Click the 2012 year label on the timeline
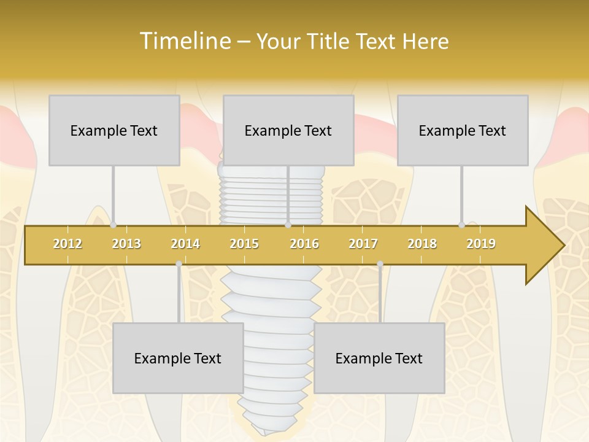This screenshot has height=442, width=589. click(x=67, y=244)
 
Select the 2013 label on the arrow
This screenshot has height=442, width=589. click(x=126, y=244)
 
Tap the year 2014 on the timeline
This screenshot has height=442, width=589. click(x=185, y=244)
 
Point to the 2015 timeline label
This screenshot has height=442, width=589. click(x=244, y=244)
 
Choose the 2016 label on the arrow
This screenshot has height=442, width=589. click(x=304, y=244)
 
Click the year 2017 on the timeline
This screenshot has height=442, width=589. click(x=363, y=244)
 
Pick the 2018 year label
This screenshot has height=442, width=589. click(x=422, y=244)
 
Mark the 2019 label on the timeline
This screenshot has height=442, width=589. click(x=481, y=244)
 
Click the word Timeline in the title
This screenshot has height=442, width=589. click(x=185, y=41)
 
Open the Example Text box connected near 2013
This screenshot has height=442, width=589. click(x=114, y=130)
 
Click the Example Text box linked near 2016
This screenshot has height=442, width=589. click(x=288, y=130)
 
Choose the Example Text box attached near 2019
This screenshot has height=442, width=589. click(x=463, y=130)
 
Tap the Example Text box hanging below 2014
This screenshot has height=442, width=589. click(x=178, y=358)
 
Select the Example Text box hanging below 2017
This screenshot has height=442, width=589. click(x=379, y=358)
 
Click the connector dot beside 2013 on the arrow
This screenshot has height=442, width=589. click(x=114, y=225)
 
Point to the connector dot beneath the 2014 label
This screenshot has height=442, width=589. click(x=179, y=264)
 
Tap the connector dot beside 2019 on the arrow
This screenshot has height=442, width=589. click(x=462, y=225)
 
